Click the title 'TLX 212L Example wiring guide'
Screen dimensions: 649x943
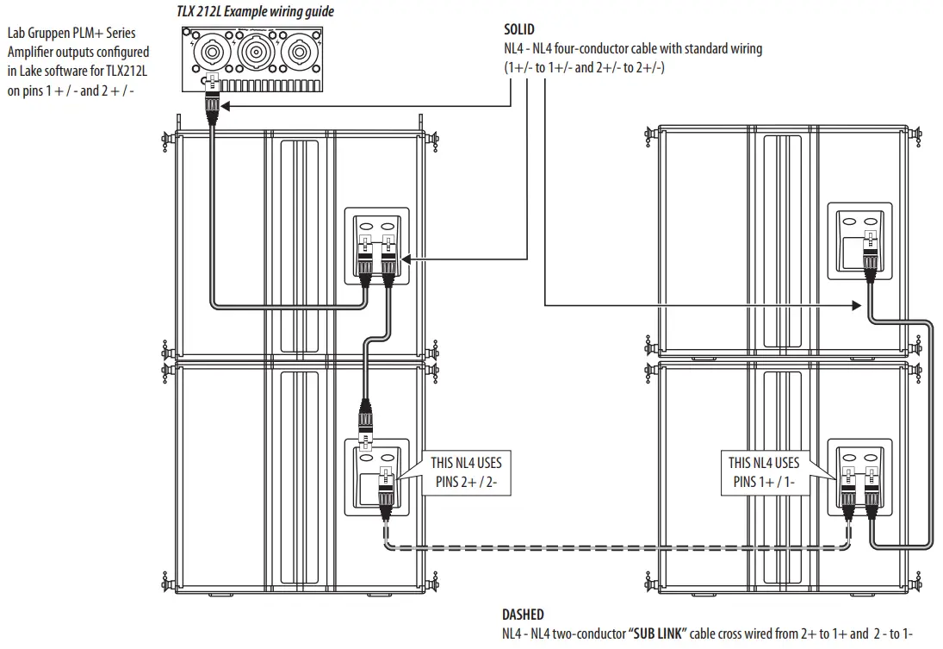click(x=255, y=12)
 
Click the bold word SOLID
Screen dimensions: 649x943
click(x=519, y=29)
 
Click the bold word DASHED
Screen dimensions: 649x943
click(x=523, y=615)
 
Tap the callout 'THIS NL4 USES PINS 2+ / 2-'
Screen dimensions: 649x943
click(x=466, y=472)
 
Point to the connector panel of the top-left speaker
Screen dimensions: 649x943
click(x=377, y=245)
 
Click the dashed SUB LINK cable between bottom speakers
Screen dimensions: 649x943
click(x=603, y=547)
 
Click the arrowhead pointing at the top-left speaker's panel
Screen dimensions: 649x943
click(x=407, y=258)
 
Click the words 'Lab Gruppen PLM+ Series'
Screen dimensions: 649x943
click(x=71, y=34)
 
